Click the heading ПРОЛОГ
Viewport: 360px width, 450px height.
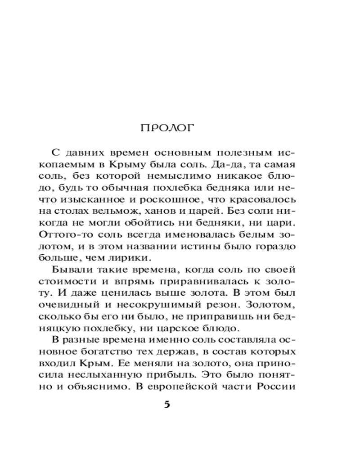(167, 127)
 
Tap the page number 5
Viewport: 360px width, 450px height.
(167, 404)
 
